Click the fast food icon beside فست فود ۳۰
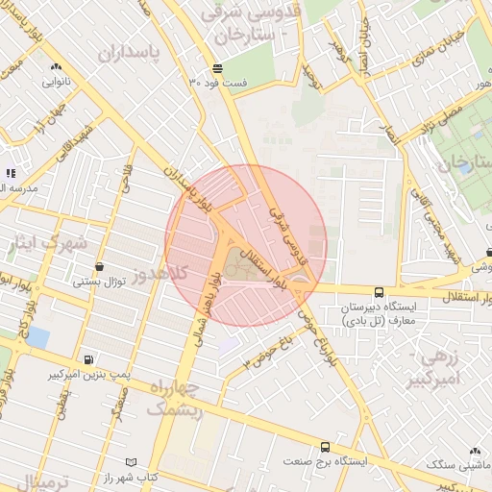click(218, 68)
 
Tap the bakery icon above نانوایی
click(56, 66)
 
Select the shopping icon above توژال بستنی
click(98, 267)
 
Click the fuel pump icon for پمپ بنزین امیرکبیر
click(89, 360)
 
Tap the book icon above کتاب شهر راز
click(132, 462)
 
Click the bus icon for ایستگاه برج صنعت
click(325, 447)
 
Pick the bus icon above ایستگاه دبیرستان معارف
click(378, 291)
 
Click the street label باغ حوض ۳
click(266, 350)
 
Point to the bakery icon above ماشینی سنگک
click(475, 450)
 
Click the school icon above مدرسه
click(11, 174)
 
